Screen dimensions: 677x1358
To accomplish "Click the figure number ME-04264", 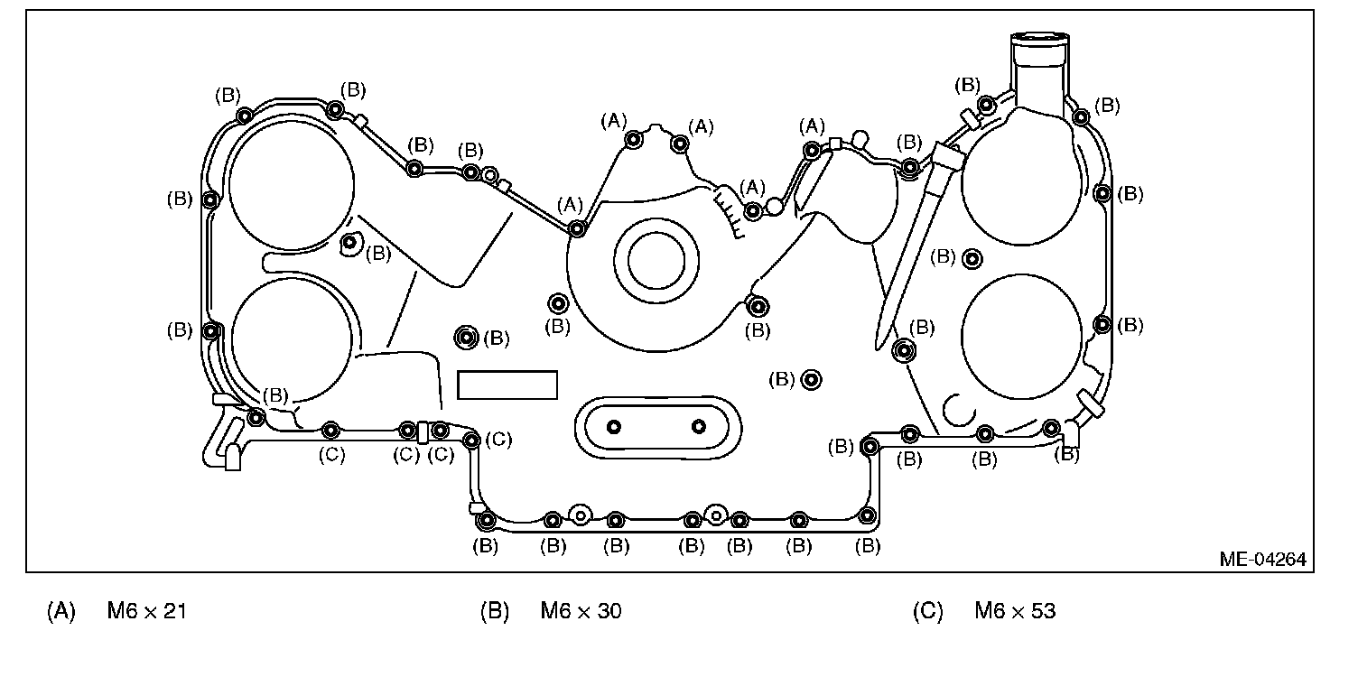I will (1261, 560).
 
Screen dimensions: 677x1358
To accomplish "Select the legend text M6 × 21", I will (146, 612).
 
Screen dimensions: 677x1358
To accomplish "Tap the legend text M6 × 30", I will (581, 612).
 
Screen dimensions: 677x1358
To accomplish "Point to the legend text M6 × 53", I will (1015, 612).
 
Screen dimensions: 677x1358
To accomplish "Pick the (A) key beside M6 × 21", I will (60, 612).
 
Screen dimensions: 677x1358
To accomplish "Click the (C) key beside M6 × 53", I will (928, 612).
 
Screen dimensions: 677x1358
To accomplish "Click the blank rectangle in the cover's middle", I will (507, 385).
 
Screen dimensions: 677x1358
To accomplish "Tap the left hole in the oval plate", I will (614, 426).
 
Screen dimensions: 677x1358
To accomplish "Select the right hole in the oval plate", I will (698, 426).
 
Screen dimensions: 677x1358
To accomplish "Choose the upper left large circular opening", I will (291, 188).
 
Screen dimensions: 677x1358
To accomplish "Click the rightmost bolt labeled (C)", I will (471, 440).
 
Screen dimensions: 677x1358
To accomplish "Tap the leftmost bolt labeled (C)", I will (330, 429).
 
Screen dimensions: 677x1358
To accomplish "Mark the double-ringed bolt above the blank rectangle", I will (466, 338).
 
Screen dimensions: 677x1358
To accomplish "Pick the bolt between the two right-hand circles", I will (972, 259).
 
